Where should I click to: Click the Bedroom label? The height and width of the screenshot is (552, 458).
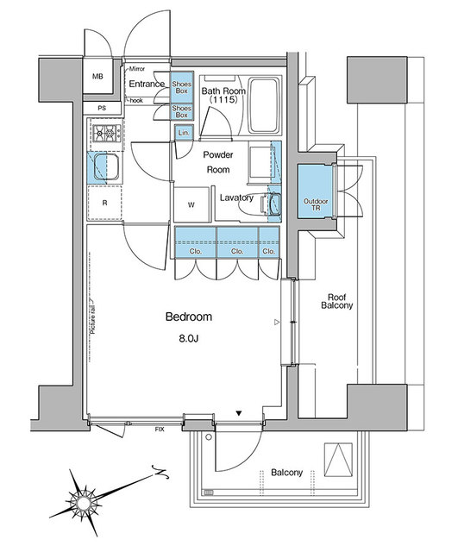tap(189, 317)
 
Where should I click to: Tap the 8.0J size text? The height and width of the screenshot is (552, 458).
tap(189, 339)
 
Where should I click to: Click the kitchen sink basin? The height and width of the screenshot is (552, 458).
tap(106, 166)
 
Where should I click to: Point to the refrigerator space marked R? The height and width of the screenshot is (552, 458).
tap(104, 204)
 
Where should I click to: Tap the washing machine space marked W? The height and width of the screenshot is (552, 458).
tap(191, 204)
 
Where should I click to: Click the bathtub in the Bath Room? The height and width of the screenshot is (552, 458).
tap(264, 105)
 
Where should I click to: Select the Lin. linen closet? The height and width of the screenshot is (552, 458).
tap(184, 133)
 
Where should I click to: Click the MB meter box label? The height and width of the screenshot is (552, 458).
tap(97, 76)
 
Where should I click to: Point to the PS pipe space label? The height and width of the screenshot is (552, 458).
tap(102, 109)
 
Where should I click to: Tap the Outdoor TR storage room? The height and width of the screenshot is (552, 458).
tap(316, 191)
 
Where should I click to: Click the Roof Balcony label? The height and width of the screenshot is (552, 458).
tap(337, 301)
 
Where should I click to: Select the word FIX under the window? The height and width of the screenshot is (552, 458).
tap(160, 430)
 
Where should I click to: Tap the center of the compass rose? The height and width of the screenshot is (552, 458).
tap(84, 503)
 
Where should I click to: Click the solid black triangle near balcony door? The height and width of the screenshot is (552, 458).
tap(239, 413)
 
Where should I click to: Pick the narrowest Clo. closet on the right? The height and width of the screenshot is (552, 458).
tap(269, 242)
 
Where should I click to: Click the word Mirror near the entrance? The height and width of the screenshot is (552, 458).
tap(137, 69)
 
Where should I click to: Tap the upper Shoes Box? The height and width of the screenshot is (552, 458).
tap(182, 87)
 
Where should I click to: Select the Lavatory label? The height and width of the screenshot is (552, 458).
tap(236, 198)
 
